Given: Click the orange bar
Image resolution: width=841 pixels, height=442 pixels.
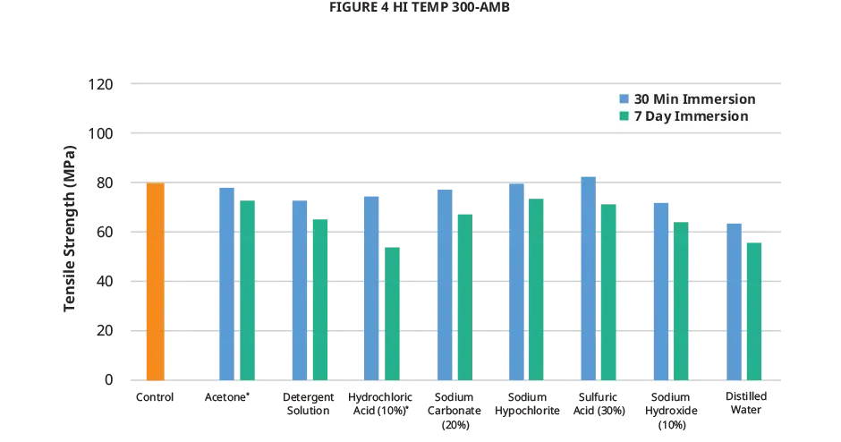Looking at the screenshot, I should coord(154,282).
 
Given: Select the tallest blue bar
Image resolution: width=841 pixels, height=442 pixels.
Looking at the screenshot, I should coord(589,277).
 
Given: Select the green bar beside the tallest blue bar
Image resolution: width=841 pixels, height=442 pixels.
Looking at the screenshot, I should coord(609,292).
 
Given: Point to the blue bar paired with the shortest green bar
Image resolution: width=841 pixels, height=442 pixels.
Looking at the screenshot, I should coord(370,287).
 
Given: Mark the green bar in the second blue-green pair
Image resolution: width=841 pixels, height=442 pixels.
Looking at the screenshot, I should coord(319,298).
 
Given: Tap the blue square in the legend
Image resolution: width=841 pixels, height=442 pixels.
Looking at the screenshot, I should coord(624,98).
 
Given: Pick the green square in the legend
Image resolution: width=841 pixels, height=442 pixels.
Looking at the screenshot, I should coord(624,116).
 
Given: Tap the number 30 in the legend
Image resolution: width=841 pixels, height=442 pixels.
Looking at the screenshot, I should coord(642,98).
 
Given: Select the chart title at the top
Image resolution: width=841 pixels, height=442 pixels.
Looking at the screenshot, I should coord(422,7).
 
